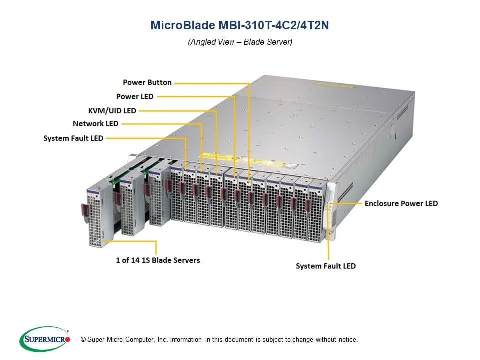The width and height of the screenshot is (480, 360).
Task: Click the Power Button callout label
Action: click(x=147, y=82)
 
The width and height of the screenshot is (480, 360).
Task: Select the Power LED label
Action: click(x=135, y=96)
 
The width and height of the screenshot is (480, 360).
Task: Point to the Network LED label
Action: click(x=95, y=124)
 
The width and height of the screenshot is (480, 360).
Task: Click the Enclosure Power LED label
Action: click(x=401, y=203)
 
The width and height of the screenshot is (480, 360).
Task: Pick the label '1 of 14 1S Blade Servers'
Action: click(x=158, y=260)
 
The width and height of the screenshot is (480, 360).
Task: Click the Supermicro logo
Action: click(x=45, y=339)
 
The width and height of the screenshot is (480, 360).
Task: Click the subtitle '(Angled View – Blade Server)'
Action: click(x=240, y=42)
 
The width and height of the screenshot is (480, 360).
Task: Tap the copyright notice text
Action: click(x=219, y=340)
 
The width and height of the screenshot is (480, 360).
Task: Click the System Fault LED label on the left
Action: click(x=73, y=138)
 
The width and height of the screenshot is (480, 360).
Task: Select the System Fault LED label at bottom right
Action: click(x=326, y=266)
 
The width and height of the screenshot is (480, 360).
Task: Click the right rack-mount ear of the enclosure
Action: click(x=330, y=207)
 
